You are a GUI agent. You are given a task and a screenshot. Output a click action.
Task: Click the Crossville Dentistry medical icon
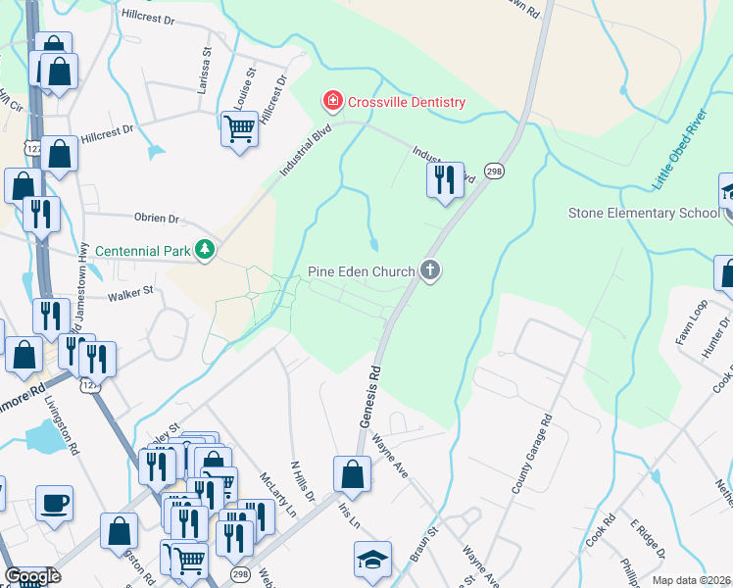click(332, 101)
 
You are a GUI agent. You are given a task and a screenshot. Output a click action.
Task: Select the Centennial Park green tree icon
click(205, 251)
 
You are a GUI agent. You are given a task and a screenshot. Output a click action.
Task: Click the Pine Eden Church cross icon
click(429, 270)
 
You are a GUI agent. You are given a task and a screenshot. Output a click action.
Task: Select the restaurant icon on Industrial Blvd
click(445, 179)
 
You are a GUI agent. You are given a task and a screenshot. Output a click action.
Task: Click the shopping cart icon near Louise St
click(239, 127)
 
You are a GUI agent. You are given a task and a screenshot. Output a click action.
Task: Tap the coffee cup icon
click(54, 504)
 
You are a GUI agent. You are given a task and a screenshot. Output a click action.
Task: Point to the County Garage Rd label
click(531, 454)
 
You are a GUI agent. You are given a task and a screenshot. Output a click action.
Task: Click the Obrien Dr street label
click(157, 219)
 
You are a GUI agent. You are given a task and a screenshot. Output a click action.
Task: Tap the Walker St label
click(131, 291)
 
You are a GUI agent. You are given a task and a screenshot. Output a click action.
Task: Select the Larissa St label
click(207, 67)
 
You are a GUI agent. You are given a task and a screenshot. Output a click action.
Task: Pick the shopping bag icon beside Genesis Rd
click(352, 474)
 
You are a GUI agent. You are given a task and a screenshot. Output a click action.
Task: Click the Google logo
click(31, 576)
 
